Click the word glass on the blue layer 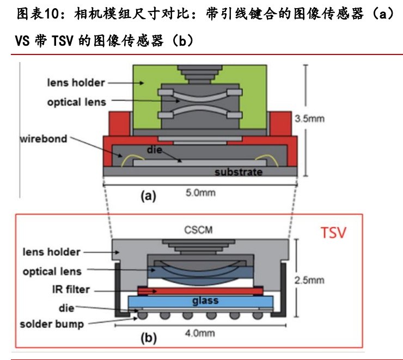tap(205, 301)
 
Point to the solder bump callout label tap(52, 324)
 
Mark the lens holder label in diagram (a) tap(76, 83)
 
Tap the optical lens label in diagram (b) tap(52, 271)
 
